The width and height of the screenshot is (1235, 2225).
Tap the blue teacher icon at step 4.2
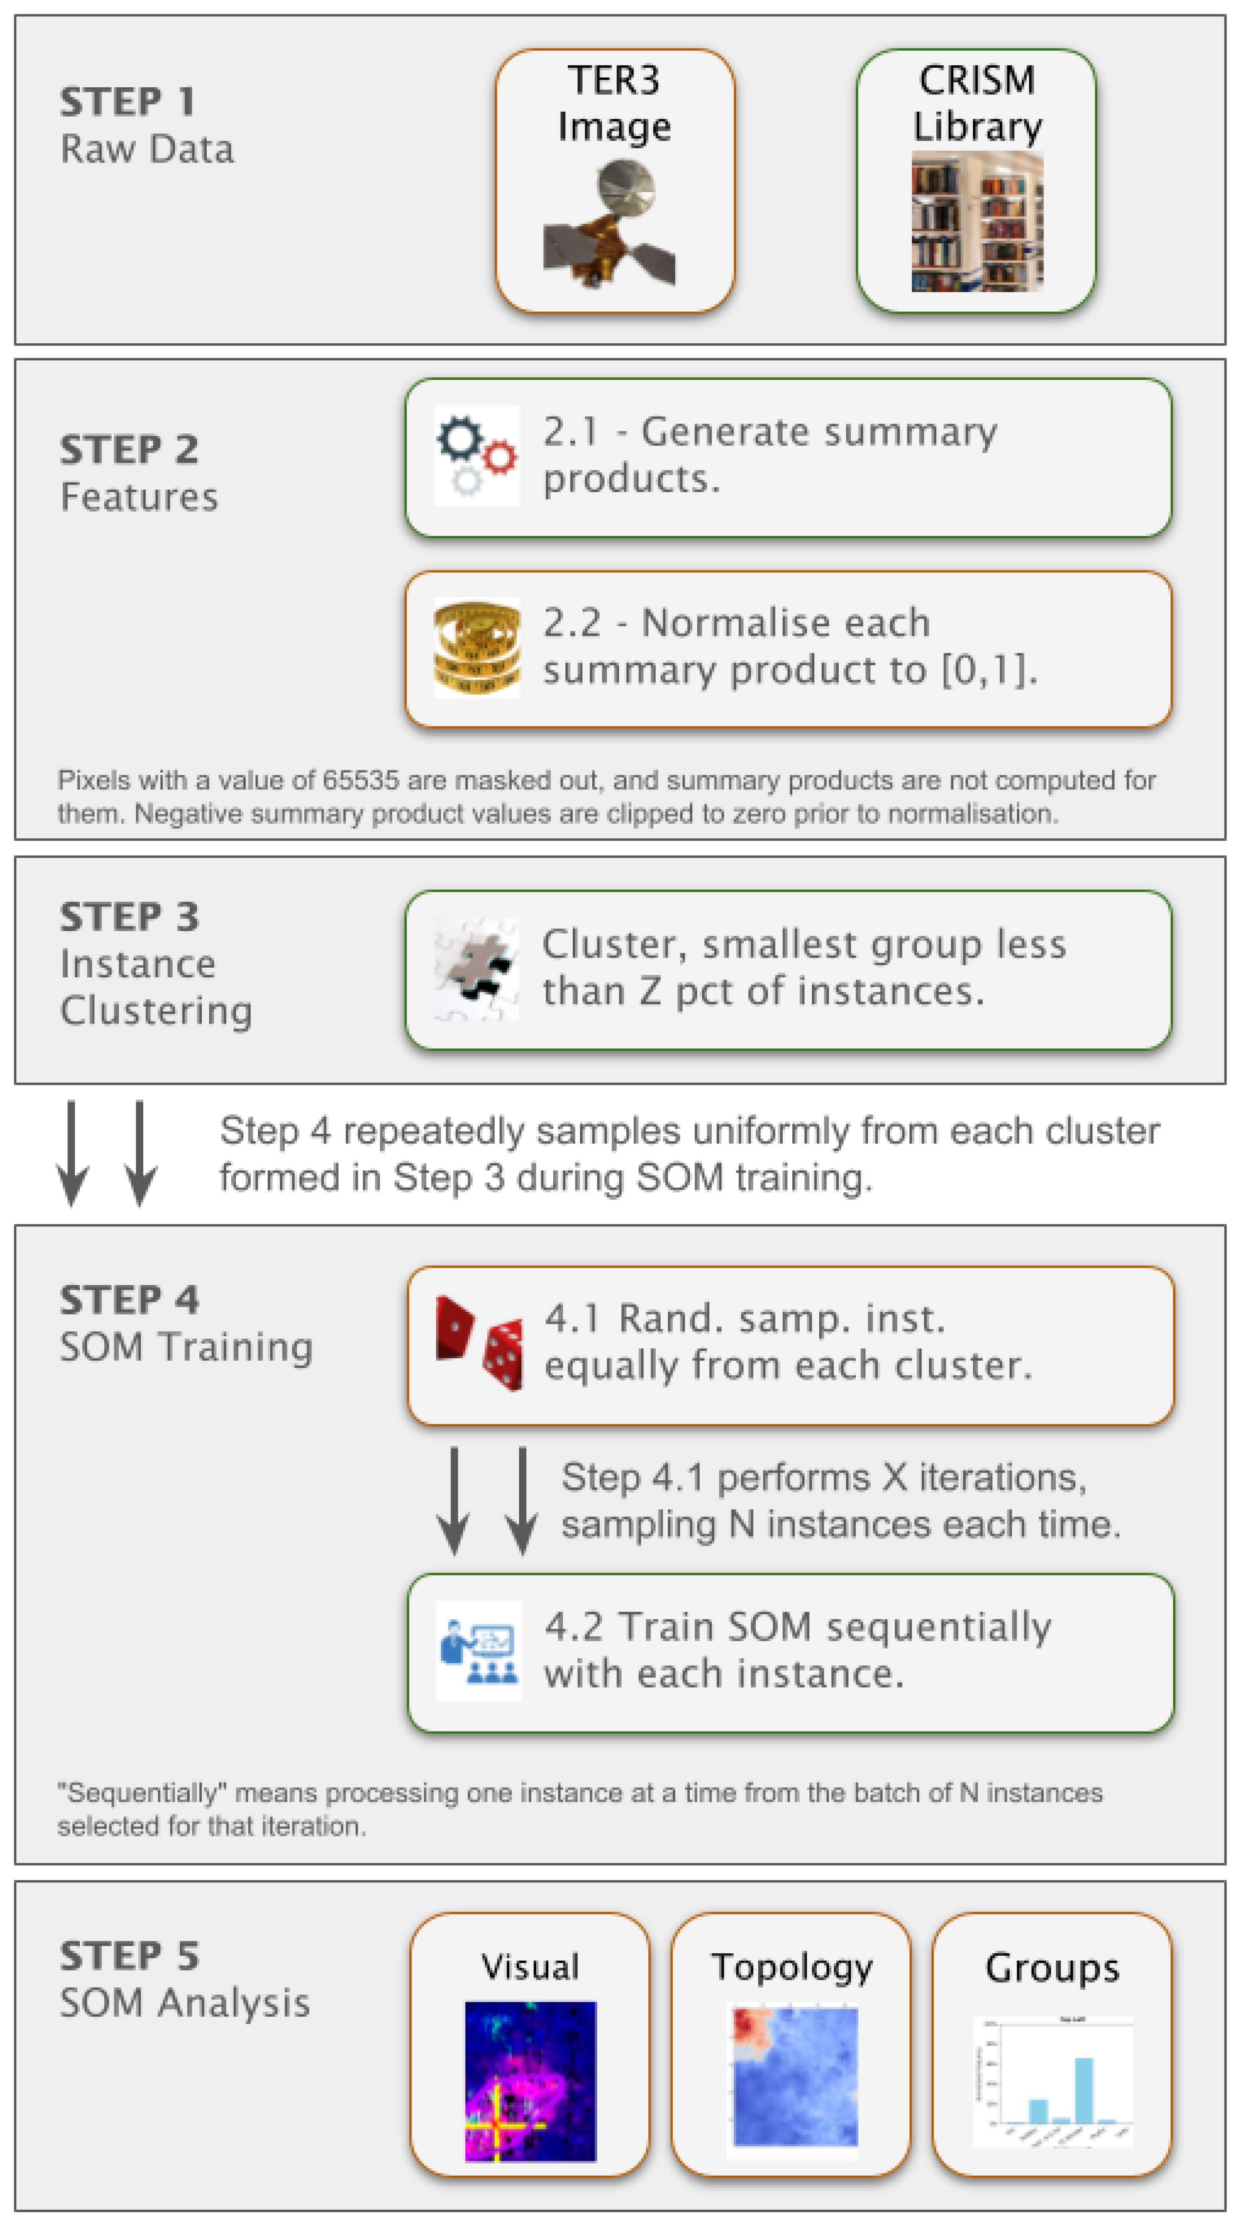[x=479, y=1650]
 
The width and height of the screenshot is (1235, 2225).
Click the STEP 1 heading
[x=127, y=102]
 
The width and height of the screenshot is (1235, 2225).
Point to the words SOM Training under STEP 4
[x=186, y=1346]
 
